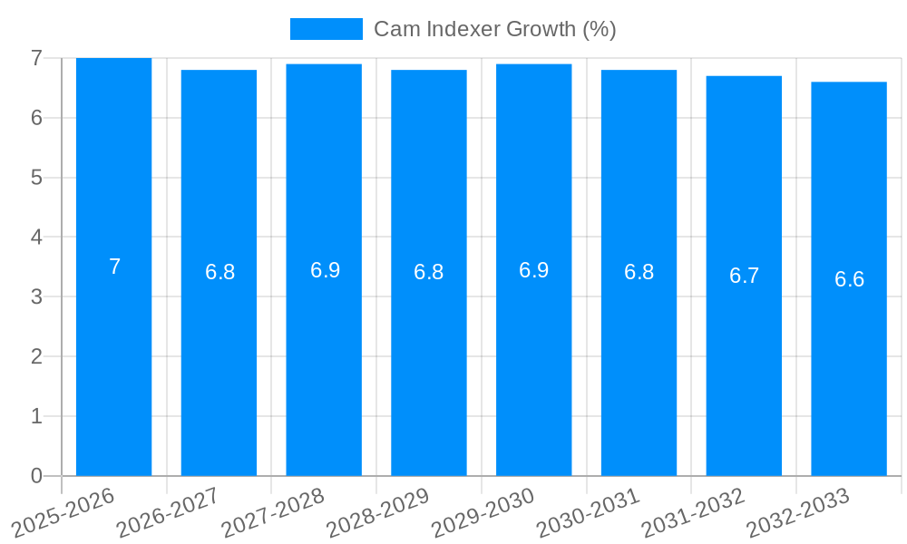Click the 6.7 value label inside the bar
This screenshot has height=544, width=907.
click(x=744, y=277)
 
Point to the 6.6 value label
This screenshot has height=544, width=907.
click(x=849, y=279)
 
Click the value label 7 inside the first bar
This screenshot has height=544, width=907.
click(x=114, y=267)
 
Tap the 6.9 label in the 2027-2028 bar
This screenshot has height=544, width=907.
click(x=325, y=270)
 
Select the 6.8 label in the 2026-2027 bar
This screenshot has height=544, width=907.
click(x=219, y=273)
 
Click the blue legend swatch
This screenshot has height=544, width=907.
click(x=326, y=29)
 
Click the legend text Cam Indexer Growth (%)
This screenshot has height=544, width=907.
click(x=495, y=29)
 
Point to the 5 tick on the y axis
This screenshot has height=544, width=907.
click(x=36, y=178)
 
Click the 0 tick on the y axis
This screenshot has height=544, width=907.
click(x=36, y=476)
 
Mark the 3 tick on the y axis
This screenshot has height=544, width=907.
click(x=36, y=297)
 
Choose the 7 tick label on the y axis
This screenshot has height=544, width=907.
click(x=36, y=58)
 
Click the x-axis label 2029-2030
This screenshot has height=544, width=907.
click(x=483, y=513)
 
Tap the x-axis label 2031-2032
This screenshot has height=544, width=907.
click(x=694, y=513)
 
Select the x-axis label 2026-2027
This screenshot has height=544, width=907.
click(x=169, y=513)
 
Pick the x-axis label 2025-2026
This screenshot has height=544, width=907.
click(x=63, y=513)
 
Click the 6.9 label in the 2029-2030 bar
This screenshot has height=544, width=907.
click(x=533, y=270)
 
